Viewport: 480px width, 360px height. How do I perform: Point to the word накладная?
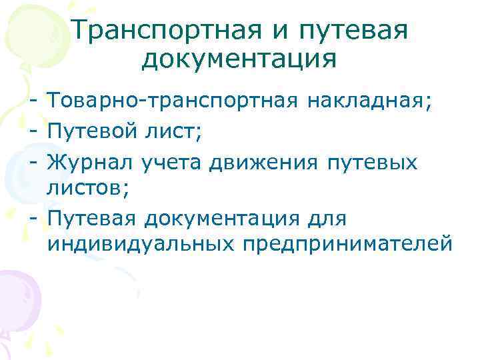371,102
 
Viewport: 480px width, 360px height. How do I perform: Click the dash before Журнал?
33,162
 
